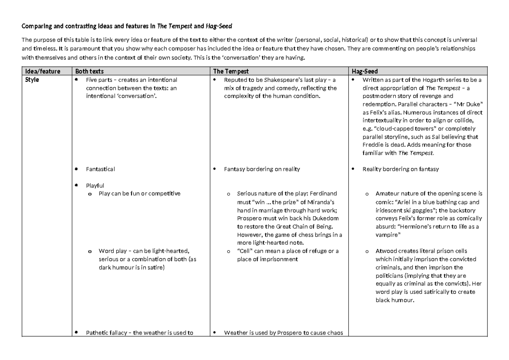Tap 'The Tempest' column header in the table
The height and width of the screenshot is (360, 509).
(231, 71)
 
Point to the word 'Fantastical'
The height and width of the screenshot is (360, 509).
(101, 169)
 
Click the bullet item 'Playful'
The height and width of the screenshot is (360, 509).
(95, 185)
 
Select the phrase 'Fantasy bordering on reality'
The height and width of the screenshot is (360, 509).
(262, 169)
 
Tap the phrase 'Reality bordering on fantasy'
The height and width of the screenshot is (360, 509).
(400, 169)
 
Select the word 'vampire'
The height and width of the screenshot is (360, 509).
(386, 234)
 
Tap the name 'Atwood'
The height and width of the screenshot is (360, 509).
(385, 251)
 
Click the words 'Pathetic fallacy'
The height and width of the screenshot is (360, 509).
(108, 332)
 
